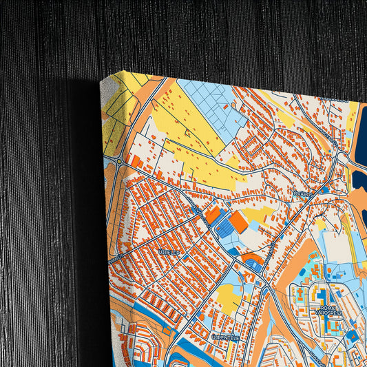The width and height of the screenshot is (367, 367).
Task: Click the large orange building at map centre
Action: pyautogui.click(x=239, y=221)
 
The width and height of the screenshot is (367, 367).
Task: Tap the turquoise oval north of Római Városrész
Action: pyautogui.click(x=313, y=255)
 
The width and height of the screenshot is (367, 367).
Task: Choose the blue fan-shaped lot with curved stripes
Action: pyautogui.click(x=254, y=264)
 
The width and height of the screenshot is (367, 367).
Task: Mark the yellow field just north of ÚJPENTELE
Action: pyautogui.click(x=228, y=297)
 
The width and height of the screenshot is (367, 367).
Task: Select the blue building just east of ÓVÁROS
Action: pyautogui.click(x=324, y=191)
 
